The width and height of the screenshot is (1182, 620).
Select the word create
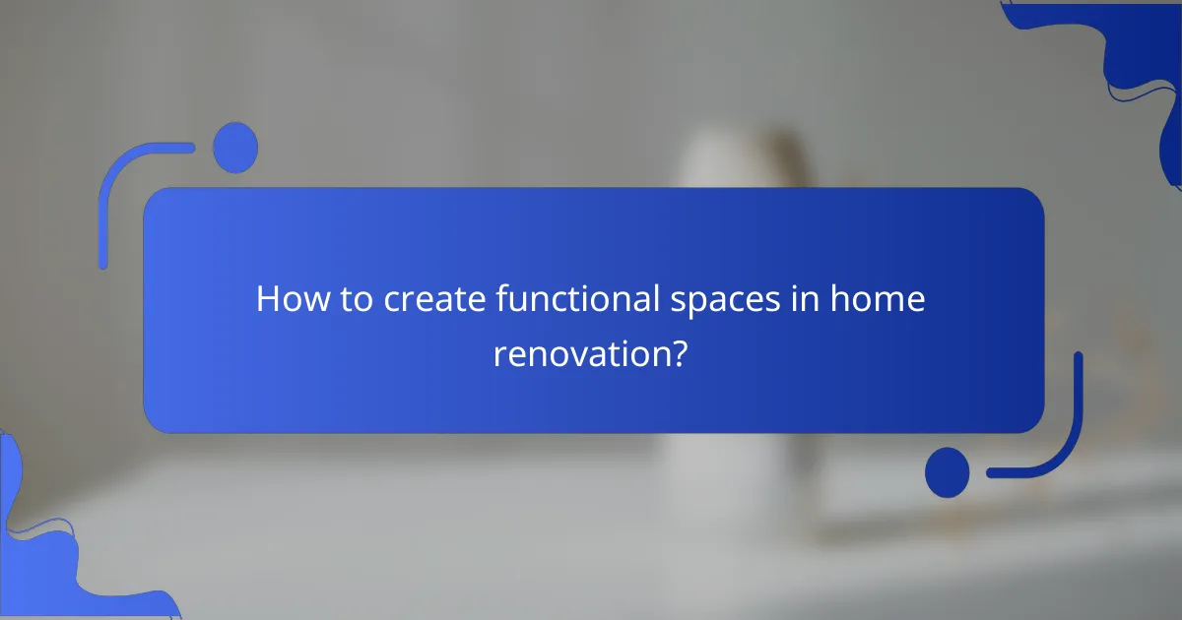pos(430,299)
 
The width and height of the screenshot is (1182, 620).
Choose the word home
pos(879,299)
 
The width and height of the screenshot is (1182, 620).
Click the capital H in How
pos(268,299)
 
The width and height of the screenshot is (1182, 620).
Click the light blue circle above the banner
pos(235,148)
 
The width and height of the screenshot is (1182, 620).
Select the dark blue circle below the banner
pos(947,471)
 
